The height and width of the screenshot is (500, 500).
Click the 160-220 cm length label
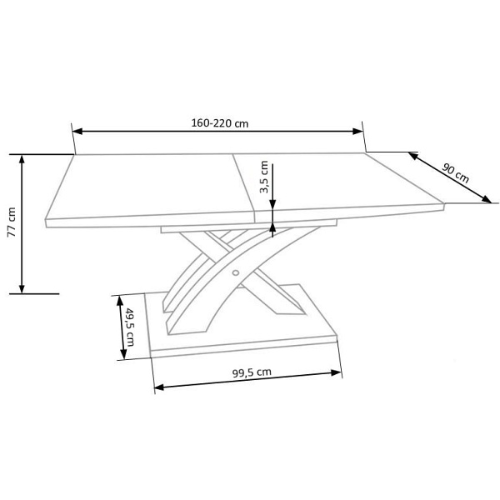click(220, 123)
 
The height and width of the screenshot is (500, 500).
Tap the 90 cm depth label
click(455, 173)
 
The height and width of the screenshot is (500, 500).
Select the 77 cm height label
click(12, 222)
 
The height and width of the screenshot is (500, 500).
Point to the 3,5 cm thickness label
click(264, 177)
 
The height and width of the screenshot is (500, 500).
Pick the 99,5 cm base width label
click(252, 372)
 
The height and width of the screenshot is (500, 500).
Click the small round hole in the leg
click(236, 272)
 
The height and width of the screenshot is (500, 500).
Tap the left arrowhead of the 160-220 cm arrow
click(77, 131)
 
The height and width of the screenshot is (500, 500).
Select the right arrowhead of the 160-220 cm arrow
click(357, 131)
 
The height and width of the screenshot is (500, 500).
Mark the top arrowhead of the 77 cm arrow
click(22, 160)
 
